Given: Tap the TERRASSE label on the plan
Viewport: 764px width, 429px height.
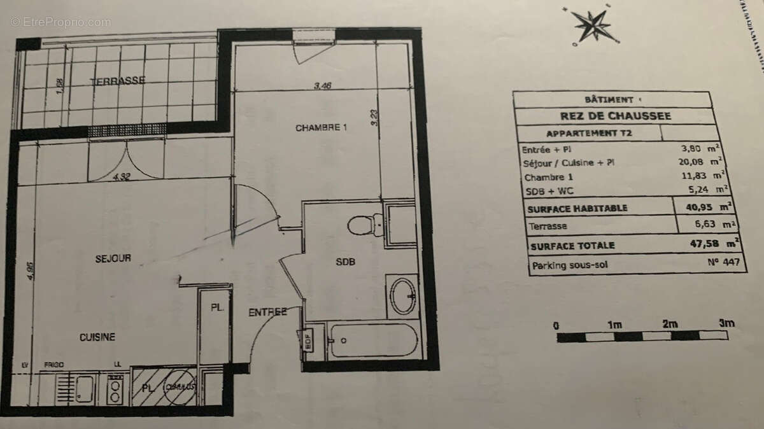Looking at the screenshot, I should pos(117,81).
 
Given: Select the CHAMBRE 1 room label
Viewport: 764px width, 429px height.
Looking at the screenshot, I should pos(321,127).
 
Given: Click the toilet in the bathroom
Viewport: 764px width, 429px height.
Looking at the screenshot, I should pos(365,225).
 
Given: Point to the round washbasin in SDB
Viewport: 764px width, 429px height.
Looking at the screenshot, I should pos(403,297).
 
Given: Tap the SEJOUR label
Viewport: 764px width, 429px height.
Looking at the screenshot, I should pos(113,258).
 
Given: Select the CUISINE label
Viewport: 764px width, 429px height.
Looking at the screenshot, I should pos(97,337).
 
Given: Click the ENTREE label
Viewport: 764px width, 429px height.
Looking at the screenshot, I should pos(267,312).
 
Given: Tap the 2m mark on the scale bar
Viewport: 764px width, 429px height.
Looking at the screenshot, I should pos(669,324).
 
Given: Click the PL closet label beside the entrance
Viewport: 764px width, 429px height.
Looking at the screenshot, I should pos(217,307).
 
